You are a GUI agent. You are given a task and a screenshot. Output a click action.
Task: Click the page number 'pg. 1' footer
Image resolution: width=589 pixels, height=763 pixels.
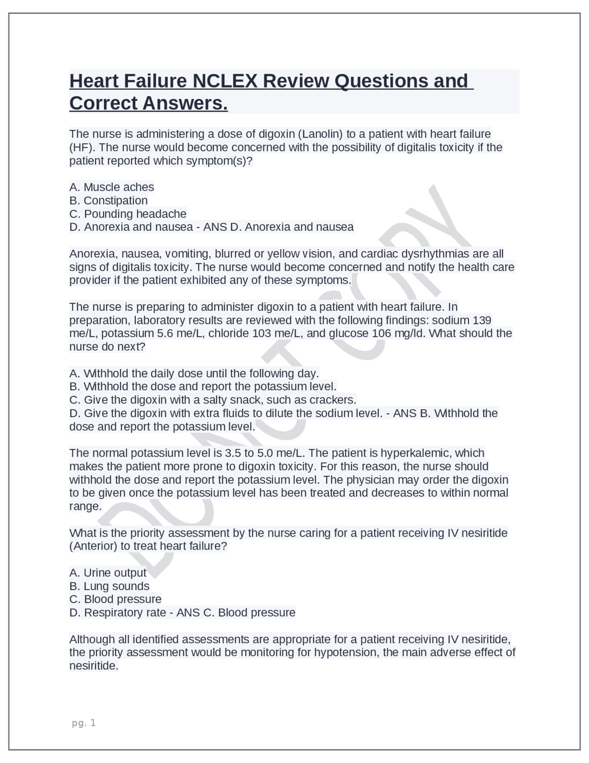pyautogui.click(x=84, y=723)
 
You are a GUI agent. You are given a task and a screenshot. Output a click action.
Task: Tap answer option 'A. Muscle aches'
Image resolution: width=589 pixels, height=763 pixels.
pyautogui.click(x=112, y=187)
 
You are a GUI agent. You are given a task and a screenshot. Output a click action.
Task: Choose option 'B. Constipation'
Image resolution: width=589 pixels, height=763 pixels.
pyautogui.click(x=109, y=200)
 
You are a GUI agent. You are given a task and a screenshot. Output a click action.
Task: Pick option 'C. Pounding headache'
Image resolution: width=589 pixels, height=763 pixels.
pyautogui.click(x=128, y=214)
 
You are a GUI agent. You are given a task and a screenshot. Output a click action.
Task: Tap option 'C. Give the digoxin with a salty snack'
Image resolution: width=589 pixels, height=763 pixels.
pyautogui.click(x=213, y=399)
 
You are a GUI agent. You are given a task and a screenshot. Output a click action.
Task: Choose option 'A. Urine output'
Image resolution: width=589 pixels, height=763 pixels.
pyautogui.click(x=108, y=573)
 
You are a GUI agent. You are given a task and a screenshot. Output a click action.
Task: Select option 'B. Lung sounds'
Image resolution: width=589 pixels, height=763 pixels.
pyautogui.click(x=110, y=586)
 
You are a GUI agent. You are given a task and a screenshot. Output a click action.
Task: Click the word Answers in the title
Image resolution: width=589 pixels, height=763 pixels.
pyautogui.click(x=185, y=103)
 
